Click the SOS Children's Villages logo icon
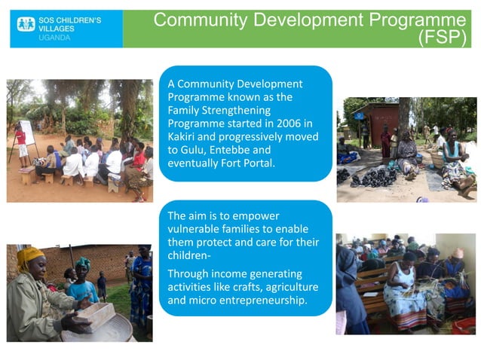click(26, 24)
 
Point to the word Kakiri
click(185, 137)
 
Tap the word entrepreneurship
click(263, 301)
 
